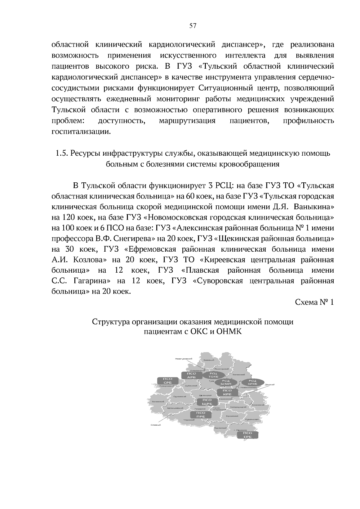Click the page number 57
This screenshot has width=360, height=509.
coord(193,26)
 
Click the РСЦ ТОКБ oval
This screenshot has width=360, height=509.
coord(213,375)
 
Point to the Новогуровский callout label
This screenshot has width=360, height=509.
coord(183,359)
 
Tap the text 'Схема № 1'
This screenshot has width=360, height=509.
coord(315,302)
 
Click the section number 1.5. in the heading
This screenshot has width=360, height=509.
coord(61,153)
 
